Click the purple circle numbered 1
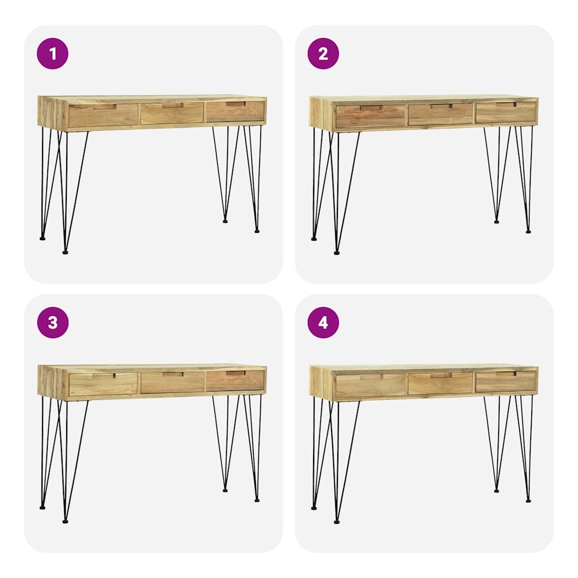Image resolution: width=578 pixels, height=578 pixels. (x=53, y=54)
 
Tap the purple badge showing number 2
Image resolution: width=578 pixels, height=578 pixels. (x=323, y=54)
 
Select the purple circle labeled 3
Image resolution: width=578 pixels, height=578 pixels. (x=53, y=323)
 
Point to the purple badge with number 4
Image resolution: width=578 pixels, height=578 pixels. (x=323, y=323)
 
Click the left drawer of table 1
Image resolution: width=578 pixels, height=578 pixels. (x=103, y=116)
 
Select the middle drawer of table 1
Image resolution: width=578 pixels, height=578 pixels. (x=172, y=113)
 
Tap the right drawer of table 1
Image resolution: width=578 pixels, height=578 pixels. (x=235, y=112)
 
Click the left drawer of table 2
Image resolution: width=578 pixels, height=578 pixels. (x=371, y=116)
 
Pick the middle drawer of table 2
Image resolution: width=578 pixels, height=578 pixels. (x=440, y=114)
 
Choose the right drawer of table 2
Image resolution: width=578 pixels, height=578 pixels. (x=505, y=112)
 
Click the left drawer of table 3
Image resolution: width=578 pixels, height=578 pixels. (x=103, y=385)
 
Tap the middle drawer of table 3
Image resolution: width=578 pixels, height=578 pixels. (x=172, y=383)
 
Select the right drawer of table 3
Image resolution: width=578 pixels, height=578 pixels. (x=235, y=381)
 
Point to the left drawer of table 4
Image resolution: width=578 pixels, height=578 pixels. (x=371, y=385)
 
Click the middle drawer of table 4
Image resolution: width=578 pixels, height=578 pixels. (x=440, y=384)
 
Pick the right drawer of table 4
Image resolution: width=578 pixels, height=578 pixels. (x=505, y=381)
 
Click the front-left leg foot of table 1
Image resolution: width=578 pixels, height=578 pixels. (x=65, y=253)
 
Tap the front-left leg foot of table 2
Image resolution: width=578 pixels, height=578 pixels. (x=336, y=253)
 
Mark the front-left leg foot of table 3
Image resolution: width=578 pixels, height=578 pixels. (x=65, y=521)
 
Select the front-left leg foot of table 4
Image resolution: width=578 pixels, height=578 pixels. (x=336, y=521)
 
